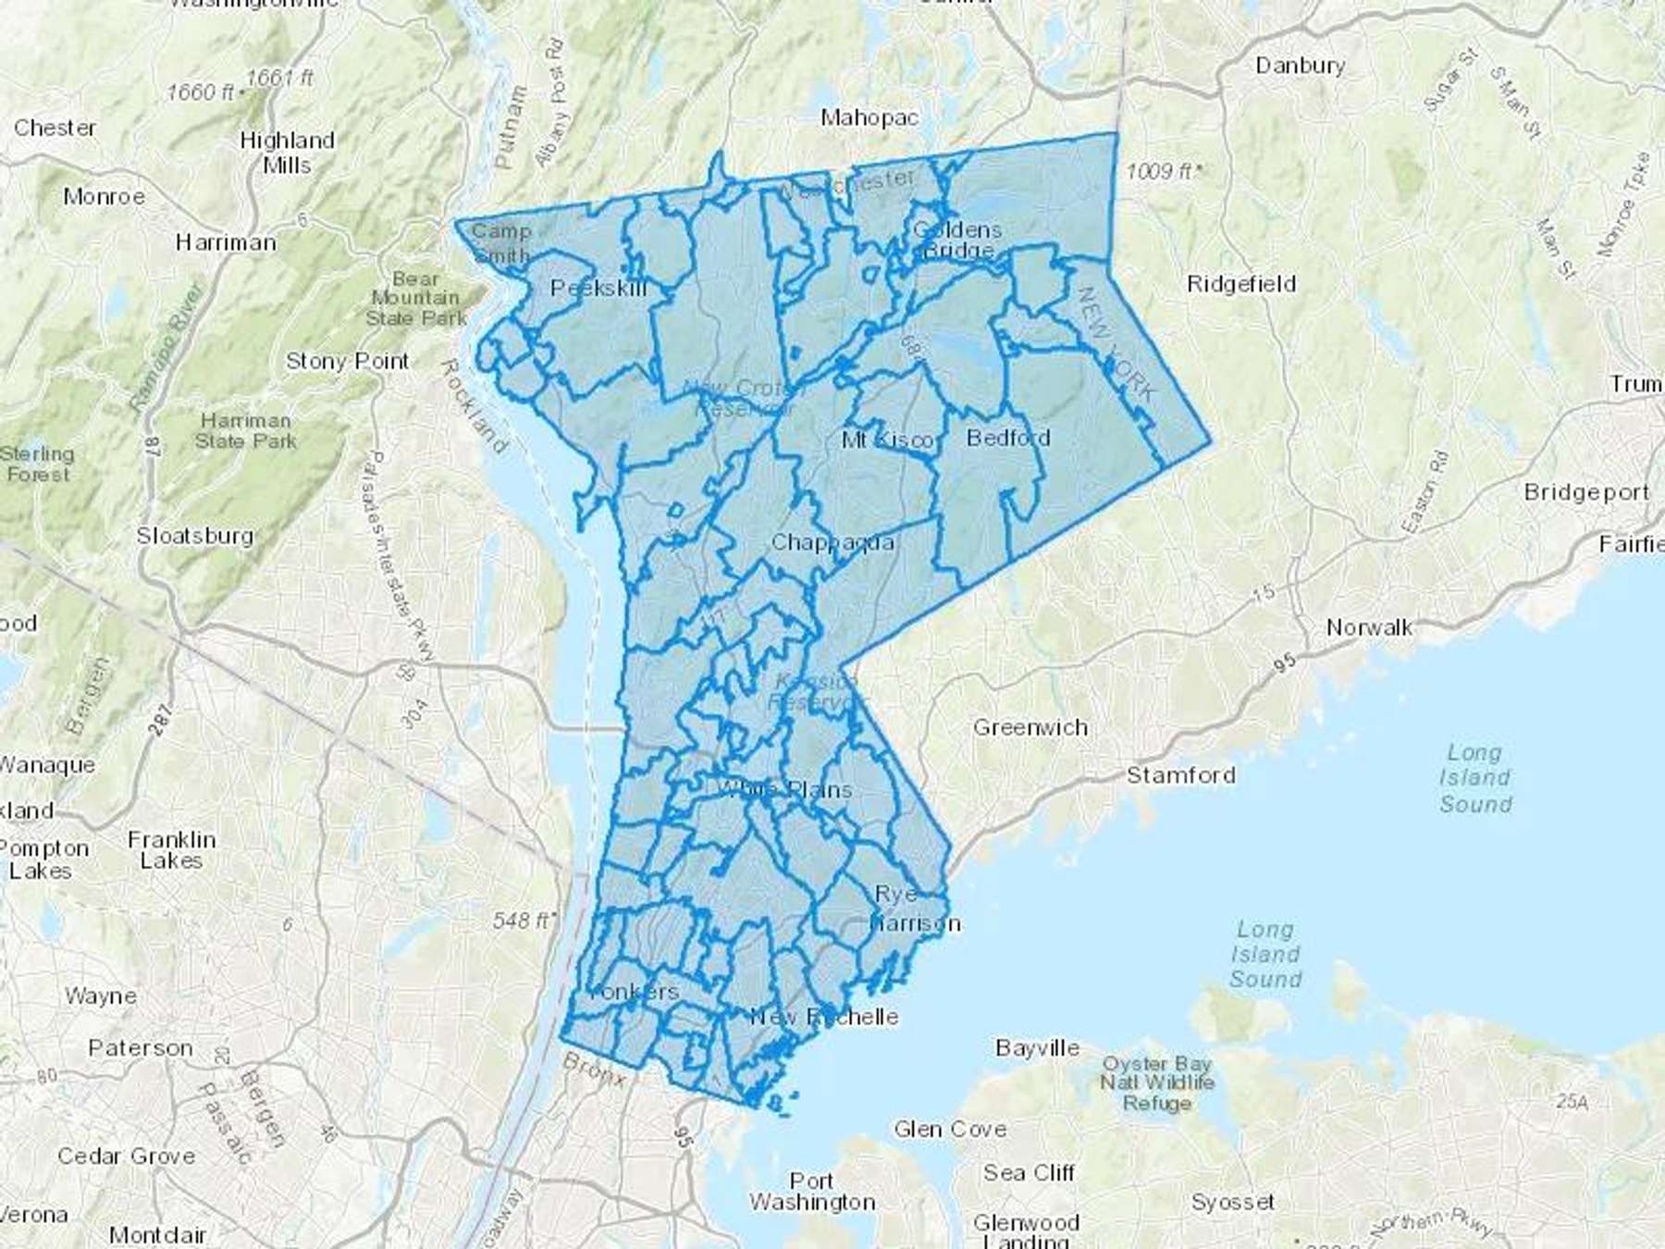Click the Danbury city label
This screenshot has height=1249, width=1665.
(x=1300, y=66)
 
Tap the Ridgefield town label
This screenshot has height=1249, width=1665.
(x=1241, y=284)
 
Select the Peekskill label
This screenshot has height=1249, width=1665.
(x=598, y=289)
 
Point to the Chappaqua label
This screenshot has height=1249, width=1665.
(x=832, y=542)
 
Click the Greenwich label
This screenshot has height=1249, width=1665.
(x=1030, y=728)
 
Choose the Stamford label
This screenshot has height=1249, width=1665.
(x=1180, y=775)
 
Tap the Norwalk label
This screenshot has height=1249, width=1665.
(x=1369, y=628)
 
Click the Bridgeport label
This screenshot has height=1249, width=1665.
(x=1586, y=492)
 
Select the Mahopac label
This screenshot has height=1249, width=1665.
(x=869, y=117)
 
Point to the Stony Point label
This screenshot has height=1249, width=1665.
(x=347, y=362)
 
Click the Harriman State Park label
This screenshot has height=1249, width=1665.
(x=245, y=431)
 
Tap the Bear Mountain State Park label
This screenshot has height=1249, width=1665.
(x=415, y=298)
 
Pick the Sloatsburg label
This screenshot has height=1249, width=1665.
(x=195, y=536)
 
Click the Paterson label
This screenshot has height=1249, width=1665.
(x=141, y=1048)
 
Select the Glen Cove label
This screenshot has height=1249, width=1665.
(x=950, y=1129)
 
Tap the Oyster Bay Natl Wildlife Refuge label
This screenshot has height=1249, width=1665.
(x=1157, y=1082)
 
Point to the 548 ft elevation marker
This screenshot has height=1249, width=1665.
(x=524, y=921)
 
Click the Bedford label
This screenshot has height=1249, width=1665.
(x=1008, y=438)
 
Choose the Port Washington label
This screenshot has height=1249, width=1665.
(x=812, y=1192)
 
